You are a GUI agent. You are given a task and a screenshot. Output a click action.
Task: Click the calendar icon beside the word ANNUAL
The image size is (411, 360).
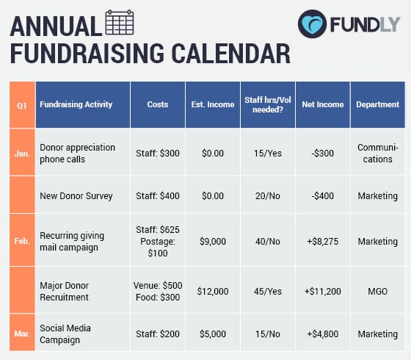(x=120, y=24)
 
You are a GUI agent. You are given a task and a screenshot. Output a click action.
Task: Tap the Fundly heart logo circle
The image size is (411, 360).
(x=313, y=24)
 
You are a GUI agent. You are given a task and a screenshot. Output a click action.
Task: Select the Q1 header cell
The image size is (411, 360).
(x=22, y=105)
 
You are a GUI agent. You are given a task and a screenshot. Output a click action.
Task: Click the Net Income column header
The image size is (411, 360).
(x=322, y=105)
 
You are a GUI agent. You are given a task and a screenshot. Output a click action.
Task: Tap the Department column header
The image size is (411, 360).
(x=377, y=105)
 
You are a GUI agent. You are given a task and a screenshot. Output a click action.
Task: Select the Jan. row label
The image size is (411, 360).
(x=22, y=152)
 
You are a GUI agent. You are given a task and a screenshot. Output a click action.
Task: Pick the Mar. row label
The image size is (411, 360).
(x=22, y=334)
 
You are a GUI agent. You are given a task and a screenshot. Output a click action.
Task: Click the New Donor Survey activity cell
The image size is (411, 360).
(x=77, y=195)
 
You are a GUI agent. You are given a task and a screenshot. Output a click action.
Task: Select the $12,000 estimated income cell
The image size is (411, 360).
(x=213, y=292)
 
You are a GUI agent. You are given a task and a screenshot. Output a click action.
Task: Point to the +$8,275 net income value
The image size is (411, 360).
(x=322, y=241)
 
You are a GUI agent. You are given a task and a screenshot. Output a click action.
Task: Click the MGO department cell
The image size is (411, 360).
(x=377, y=292)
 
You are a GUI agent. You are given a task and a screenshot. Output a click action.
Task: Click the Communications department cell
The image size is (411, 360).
(x=377, y=154)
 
